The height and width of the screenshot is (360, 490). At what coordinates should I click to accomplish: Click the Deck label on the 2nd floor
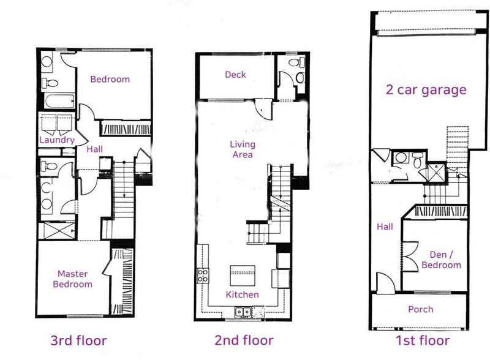(235, 74)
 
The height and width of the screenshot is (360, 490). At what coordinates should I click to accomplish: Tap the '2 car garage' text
(426, 89)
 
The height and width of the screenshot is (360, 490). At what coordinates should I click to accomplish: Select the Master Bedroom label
(72, 279)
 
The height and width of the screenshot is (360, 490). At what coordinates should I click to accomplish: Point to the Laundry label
(57, 140)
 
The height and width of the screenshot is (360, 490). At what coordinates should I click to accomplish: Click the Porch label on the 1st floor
(421, 309)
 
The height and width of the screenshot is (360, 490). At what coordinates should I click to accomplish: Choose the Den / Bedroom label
(441, 260)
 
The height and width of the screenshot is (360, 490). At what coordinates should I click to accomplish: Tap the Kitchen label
(242, 294)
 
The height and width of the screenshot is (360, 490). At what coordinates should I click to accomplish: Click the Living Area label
(243, 149)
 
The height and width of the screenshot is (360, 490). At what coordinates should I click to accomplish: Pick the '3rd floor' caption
(79, 340)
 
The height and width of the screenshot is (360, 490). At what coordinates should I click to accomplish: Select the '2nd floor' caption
(244, 340)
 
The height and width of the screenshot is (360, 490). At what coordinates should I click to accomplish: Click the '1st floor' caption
(423, 340)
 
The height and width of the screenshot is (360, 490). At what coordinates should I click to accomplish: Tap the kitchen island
(243, 276)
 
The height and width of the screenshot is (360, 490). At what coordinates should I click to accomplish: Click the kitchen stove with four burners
(203, 276)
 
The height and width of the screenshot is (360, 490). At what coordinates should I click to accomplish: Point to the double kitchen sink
(243, 312)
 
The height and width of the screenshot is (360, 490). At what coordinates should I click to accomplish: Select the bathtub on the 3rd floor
(59, 101)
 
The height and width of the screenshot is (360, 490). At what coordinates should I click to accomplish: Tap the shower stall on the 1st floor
(436, 172)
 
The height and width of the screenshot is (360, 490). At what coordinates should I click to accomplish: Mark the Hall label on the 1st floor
(385, 227)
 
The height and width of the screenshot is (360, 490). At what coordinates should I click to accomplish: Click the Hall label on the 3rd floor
(94, 149)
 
